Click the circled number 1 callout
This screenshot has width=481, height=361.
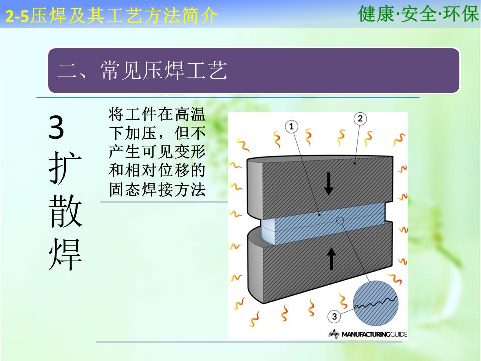pyautogui.click(x=291, y=126)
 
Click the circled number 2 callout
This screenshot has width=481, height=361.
pyautogui.click(x=360, y=118)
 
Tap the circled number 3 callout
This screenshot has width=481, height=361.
pyautogui.click(x=334, y=316)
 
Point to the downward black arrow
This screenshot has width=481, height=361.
pyautogui.click(x=329, y=184)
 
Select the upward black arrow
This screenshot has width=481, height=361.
pyautogui.click(x=331, y=259)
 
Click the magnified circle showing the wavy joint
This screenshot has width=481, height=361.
pyautogui.click(x=375, y=303)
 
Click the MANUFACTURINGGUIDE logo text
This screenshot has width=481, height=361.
pyautogui.click(x=374, y=334)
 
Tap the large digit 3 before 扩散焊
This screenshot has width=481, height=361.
pyautogui.click(x=56, y=127)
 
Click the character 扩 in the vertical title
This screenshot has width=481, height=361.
pyautogui.click(x=65, y=167)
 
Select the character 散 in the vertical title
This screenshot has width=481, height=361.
pyautogui.click(x=65, y=211)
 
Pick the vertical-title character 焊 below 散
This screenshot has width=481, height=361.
pyautogui.click(x=65, y=254)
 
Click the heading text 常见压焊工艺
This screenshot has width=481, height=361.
pyautogui.click(x=164, y=70)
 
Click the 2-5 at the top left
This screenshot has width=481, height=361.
pyautogui.click(x=17, y=16)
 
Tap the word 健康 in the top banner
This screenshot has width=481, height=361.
pyautogui.click(x=376, y=14)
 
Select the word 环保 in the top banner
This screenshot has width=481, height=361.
pyautogui.click(x=461, y=14)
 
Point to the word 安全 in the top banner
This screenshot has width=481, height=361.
pyautogui.click(x=419, y=14)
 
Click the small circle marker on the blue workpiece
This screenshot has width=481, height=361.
pyautogui.click(x=340, y=220)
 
